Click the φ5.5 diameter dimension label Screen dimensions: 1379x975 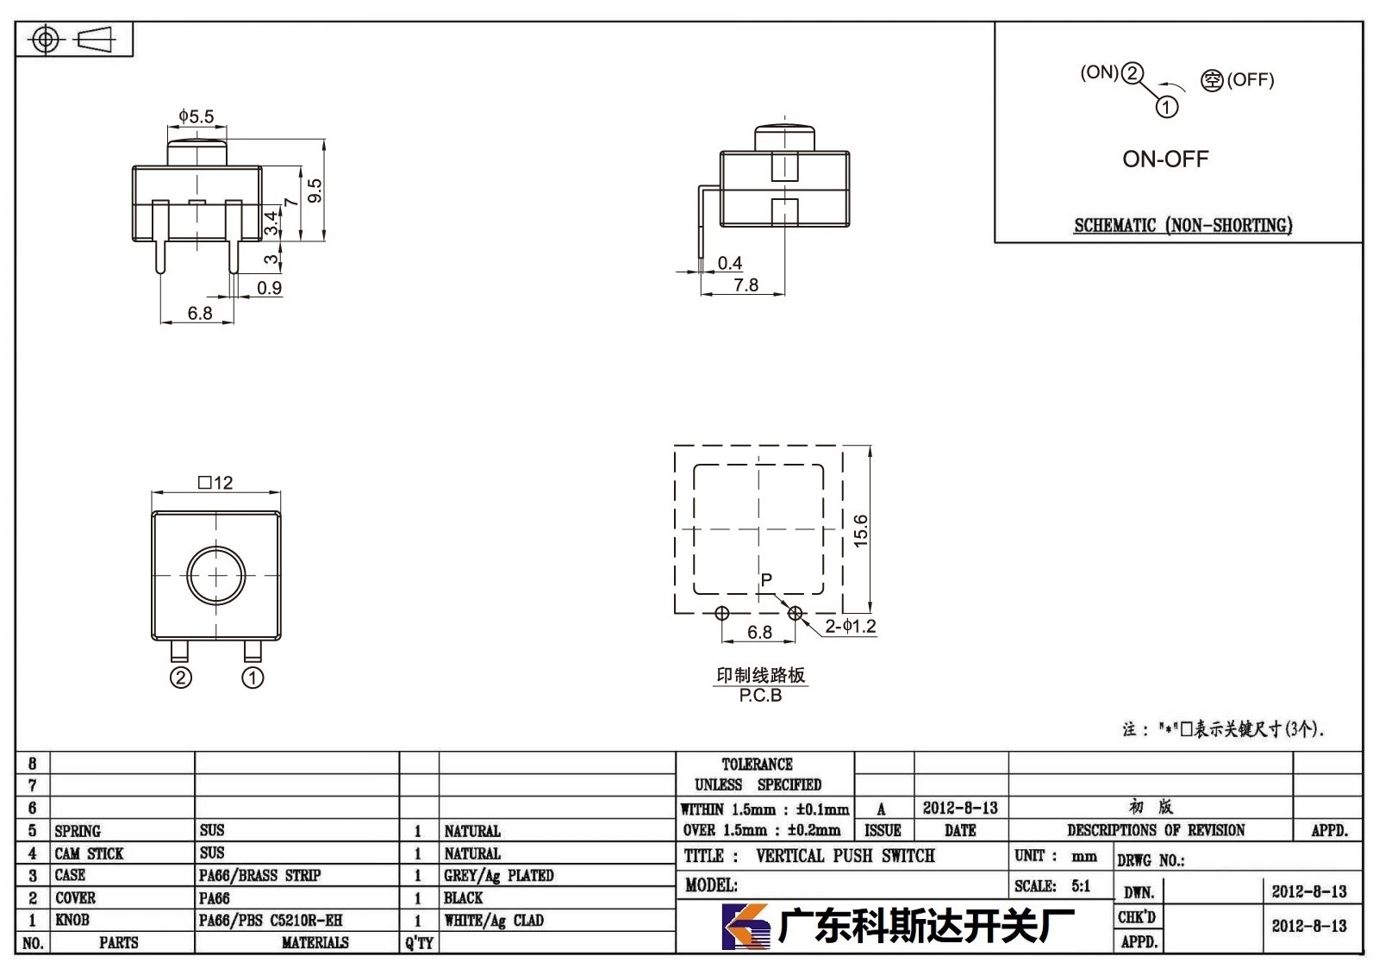(197, 116)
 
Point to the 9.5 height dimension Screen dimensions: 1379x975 (315, 191)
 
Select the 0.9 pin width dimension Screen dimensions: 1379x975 (269, 288)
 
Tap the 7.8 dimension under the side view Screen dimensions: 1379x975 (746, 285)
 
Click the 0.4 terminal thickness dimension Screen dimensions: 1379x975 (729, 263)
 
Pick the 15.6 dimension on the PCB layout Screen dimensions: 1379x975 (861, 530)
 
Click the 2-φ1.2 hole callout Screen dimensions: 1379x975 (850, 627)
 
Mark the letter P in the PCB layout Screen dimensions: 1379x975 (766, 579)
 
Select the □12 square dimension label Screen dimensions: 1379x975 (215, 482)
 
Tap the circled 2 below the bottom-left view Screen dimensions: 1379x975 (180, 678)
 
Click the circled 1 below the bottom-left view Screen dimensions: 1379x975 (253, 678)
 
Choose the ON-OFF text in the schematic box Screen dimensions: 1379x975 (1165, 159)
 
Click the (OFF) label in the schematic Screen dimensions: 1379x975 (1251, 80)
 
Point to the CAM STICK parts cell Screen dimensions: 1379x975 (89, 853)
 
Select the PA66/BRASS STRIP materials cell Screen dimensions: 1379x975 (259, 875)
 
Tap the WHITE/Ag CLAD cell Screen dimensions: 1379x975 (494, 920)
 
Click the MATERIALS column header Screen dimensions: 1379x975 (315, 942)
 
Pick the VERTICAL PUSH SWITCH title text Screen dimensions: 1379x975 (845, 855)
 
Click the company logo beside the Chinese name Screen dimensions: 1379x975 (746, 927)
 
